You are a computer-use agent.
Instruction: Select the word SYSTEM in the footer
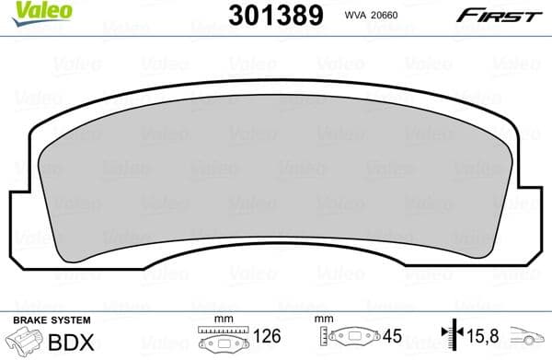70,319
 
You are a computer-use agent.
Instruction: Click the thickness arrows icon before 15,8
451,338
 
